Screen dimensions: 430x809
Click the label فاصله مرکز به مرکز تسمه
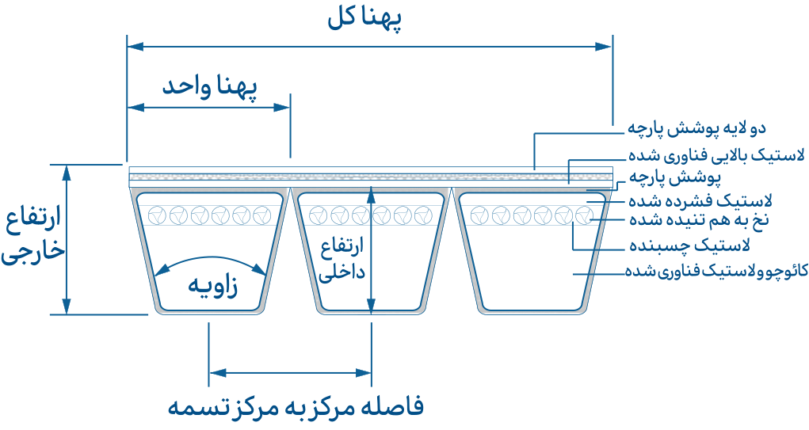point(295,407)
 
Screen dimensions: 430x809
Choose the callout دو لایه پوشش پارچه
point(696,127)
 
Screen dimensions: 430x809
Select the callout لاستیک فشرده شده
point(698,201)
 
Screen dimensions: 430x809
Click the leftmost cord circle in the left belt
point(158,215)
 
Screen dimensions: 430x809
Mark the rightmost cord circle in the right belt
point(584,215)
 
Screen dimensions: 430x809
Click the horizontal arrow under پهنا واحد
point(208,106)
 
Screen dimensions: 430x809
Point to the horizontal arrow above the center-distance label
point(290,371)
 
